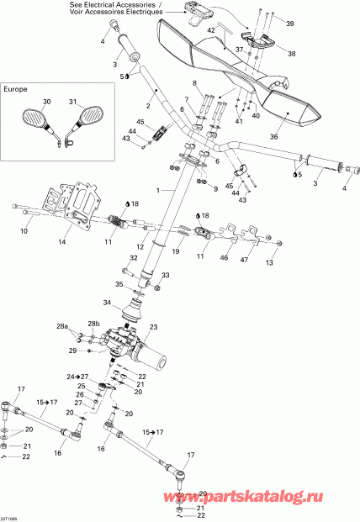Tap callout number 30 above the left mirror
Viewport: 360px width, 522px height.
pyautogui.click(x=46, y=103)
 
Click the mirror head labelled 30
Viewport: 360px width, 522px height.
pyautogui.click(x=37, y=119)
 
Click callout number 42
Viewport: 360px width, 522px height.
pyautogui.click(x=212, y=30)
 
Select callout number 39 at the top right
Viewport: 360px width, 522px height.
pyautogui.click(x=292, y=24)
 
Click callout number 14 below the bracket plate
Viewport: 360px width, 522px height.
pyautogui.click(x=61, y=242)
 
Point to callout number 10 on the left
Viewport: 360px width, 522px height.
pyautogui.click(x=23, y=230)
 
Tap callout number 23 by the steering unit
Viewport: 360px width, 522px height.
pyautogui.click(x=154, y=327)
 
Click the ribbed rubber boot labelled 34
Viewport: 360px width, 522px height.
pyautogui.click(x=131, y=314)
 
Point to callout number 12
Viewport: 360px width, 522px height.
pyautogui.click(x=140, y=246)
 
